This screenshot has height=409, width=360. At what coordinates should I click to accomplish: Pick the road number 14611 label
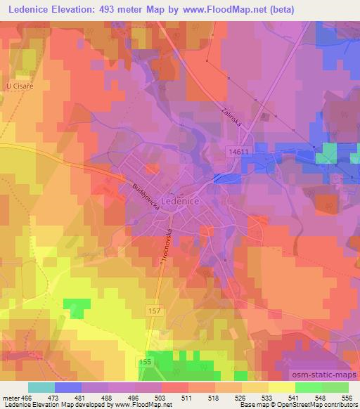[x=239, y=152]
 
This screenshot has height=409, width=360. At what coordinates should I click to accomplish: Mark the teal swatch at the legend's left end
[x=41, y=387]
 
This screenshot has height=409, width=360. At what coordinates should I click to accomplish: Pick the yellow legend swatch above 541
[x=282, y=387]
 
